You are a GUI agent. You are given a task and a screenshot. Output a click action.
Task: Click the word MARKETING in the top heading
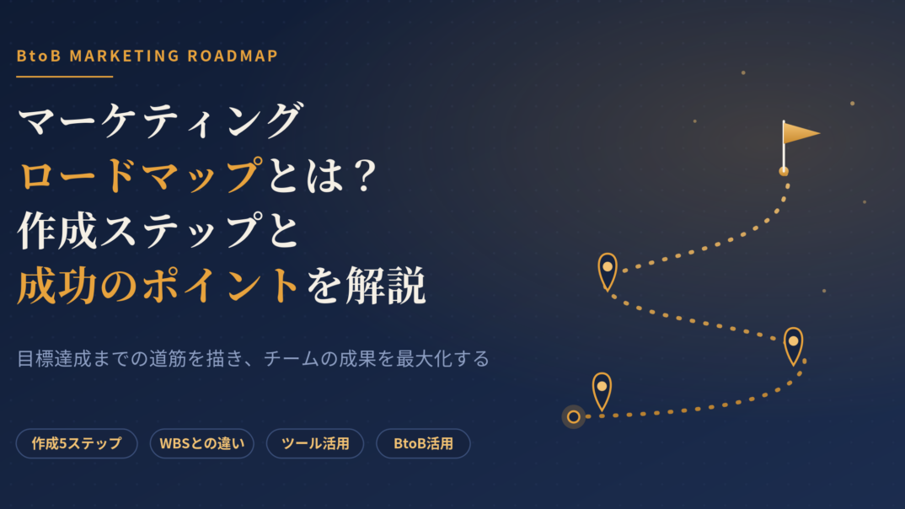click(124, 56)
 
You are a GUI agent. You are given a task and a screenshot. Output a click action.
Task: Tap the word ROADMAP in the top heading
click(233, 56)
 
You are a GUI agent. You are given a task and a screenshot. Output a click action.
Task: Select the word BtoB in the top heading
click(39, 56)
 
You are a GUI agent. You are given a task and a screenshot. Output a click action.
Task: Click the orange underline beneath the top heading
click(65, 76)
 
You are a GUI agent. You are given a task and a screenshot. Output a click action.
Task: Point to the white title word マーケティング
click(161, 120)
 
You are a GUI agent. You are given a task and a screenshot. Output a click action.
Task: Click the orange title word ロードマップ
click(141, 175)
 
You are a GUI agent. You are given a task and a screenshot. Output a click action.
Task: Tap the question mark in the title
click(365, 175)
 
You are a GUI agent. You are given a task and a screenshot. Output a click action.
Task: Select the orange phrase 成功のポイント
click(157, 285)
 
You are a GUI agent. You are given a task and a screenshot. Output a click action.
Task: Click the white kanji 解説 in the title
click(386, 285)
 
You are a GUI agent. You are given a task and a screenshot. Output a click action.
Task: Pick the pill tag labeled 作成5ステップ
click(77, 443)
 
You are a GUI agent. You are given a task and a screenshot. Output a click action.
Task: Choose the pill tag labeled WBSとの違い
click(202, 443)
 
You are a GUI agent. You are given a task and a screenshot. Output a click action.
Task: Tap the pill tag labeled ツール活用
click(315, 443)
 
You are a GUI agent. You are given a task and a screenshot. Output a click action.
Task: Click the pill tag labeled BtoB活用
click(423, 443)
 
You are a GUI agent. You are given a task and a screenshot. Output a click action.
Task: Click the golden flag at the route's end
click(800, 134)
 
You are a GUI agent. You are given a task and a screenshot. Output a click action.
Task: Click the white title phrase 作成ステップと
click(158, 231)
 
